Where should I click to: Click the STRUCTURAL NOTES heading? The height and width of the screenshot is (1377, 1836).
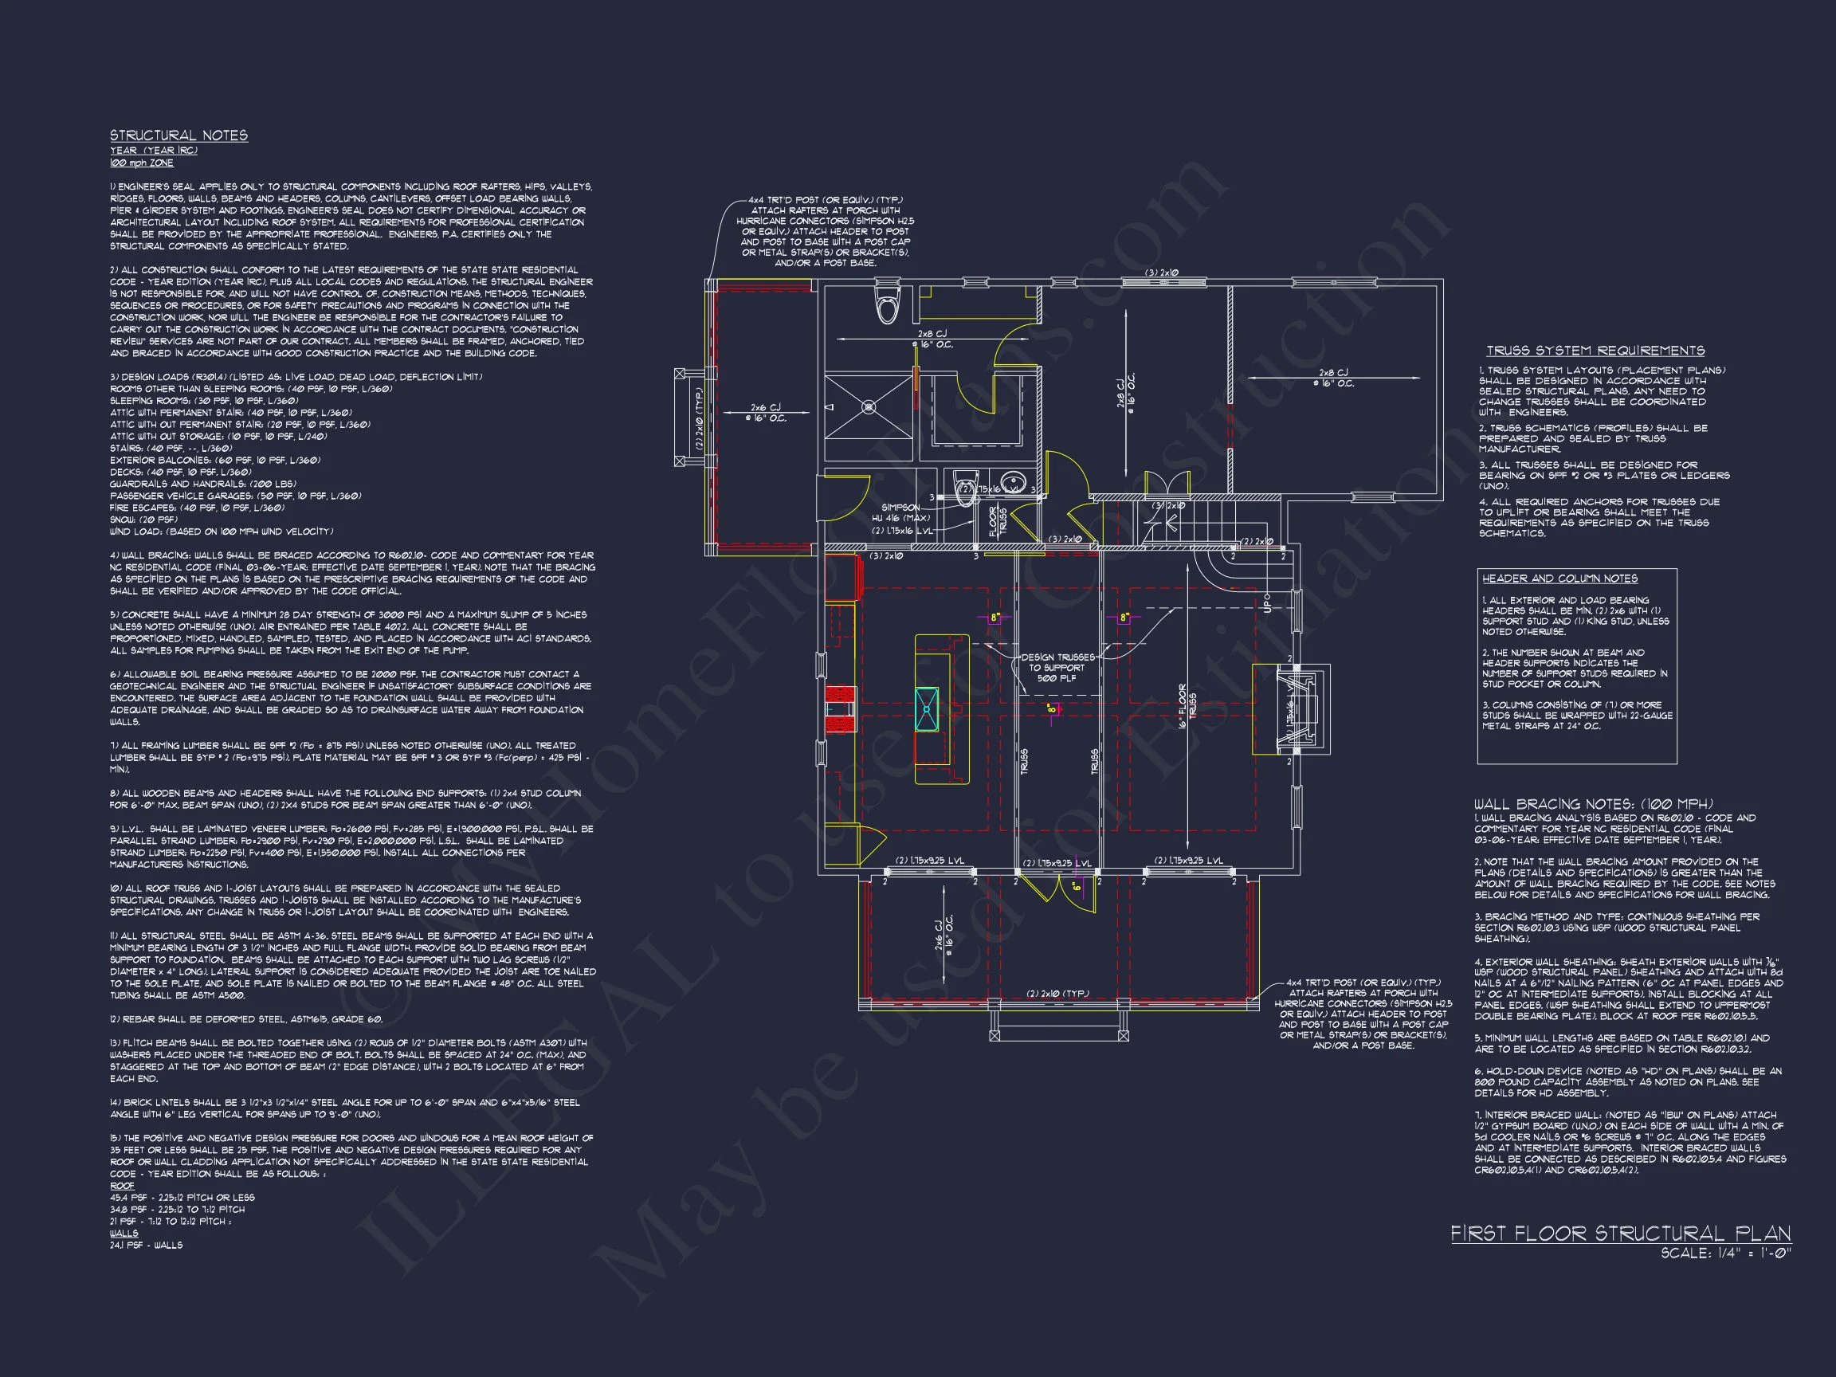pyautogui.click(x=178, y=135)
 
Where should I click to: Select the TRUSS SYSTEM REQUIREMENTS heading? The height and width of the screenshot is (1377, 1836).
pyautogui.click(x=1595, y=351)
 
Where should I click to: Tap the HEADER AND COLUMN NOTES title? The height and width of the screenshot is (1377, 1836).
pyautogui.click(x=1559, y=579)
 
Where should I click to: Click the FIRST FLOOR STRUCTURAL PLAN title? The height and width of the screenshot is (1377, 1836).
pyautogui.click(x=1620, y=1234)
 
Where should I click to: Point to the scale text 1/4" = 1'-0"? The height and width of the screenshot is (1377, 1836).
pyautogui.click(x=1727, y=1254)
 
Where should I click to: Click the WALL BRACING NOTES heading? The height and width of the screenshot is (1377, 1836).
pyautogui.click(x=1594, y=804)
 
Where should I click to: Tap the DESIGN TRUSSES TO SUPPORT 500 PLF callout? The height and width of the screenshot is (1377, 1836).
pyautogui.click(x=1057, y=667)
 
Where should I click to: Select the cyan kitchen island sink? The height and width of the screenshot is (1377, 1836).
pyautogui.click(x=927, y=710)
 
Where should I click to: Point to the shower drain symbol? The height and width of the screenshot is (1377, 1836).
pyautogui.click(x=869, y=406)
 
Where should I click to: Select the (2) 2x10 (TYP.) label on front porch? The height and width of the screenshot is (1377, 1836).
pyautogui.click(x=1057, y=994)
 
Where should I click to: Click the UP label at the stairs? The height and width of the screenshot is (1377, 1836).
pyautogui.click(x=1266, y=601)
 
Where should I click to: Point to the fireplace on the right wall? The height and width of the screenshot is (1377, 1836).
pyautogui.click(x=1293, y=709)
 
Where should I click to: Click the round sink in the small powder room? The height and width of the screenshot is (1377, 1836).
pyautogui.click(x=1012, y=483)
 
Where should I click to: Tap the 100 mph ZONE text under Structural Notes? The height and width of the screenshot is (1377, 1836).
pyautogui.click(x=142, y=163)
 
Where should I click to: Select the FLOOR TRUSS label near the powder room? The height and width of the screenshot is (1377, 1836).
pyautogui.click(x=997, y=521)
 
